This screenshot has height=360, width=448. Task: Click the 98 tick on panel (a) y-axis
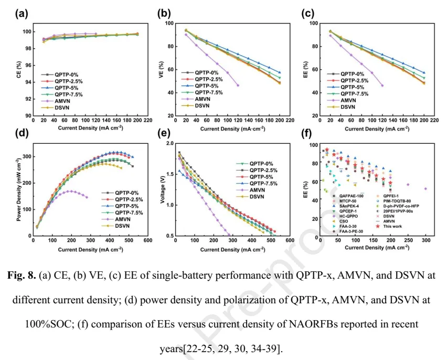pyautogui.click(x=28, y=48)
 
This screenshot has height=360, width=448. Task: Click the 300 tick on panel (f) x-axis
pyautogui.click(x=425, y=241)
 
